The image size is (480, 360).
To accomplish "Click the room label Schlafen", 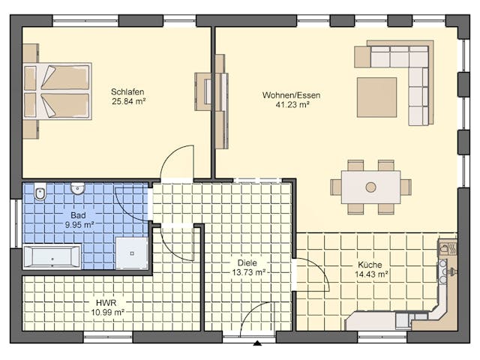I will click(127, 92).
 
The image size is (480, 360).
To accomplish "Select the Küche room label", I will click(370, 265).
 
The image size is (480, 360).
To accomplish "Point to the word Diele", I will click(247, 263).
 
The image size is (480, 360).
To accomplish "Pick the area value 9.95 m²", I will click(78, 224).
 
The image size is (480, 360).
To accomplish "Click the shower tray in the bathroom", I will click(133, 253).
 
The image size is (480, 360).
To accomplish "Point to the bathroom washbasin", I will click(77, 189).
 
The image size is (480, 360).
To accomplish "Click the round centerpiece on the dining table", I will click(370, 187).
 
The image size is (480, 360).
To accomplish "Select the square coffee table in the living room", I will click(376, 97).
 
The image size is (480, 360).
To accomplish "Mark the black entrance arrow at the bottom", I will click(257, 343).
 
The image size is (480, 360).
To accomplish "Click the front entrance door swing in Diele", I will click(258, 319).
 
